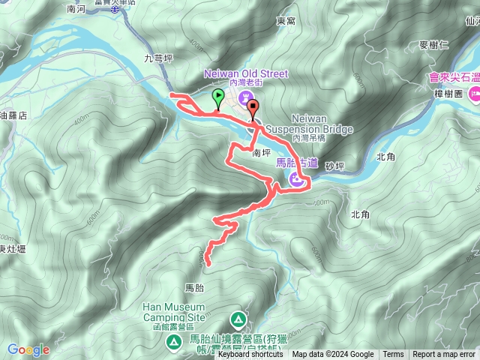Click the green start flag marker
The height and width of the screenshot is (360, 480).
click(217, 97)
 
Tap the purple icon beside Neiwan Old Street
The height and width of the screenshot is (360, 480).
click(245, 98)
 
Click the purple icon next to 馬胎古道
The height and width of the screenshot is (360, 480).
click(297, 178)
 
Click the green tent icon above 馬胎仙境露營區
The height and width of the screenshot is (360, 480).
click(238, 319)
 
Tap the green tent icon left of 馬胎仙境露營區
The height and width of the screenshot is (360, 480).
click(173, 341)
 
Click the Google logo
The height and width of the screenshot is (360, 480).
click(28, 349)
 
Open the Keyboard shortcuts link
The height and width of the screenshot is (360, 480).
click(250, 355)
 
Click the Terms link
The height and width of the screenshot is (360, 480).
click(392, 355)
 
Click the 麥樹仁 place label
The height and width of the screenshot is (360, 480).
click(433, 45)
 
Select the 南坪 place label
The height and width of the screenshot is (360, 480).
click(260, 152)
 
